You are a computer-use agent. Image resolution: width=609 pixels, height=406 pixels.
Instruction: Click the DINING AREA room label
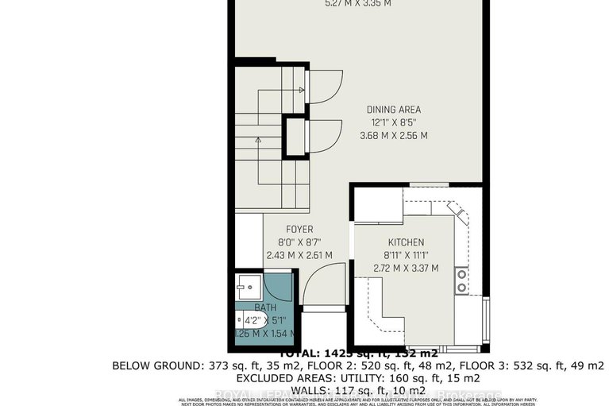[393, 110]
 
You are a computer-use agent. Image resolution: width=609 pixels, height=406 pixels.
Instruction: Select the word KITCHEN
[406, 242]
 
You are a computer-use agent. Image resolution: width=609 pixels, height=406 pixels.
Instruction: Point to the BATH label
[264, 307]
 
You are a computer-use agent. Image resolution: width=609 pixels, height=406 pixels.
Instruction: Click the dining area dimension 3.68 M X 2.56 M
[393, 136]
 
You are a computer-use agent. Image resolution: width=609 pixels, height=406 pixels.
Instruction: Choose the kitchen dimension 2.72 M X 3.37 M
[406, 269]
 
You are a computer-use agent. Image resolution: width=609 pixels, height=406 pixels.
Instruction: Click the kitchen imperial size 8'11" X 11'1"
[406, 256]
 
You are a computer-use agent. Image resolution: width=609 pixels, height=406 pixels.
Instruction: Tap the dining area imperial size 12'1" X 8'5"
[393, 123]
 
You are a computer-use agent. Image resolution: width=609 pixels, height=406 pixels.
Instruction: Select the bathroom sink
[247, 284]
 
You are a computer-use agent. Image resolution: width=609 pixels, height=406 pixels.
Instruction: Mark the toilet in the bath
[240, 321]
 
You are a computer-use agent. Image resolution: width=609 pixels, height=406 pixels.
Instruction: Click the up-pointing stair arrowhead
[257, 140]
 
